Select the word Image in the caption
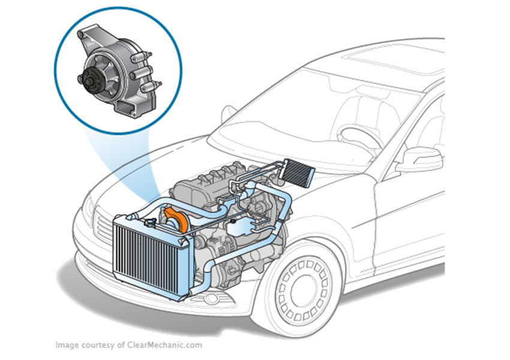(66, 345)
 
